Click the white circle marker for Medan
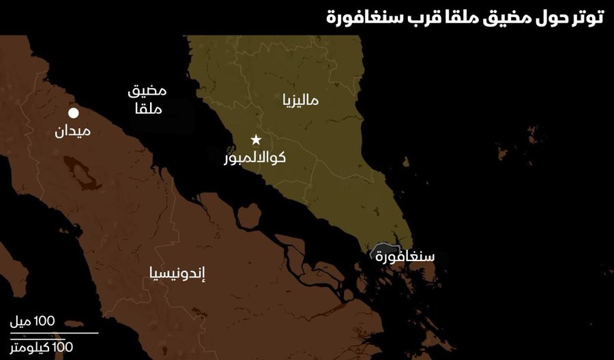74,113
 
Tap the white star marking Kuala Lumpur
256,140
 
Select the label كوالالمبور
255,158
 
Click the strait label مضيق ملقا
147,100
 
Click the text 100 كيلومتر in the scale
42,347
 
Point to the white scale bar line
55,333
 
